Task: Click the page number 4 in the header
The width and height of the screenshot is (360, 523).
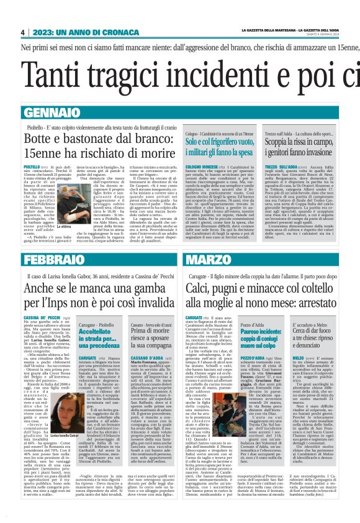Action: point(22,32)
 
